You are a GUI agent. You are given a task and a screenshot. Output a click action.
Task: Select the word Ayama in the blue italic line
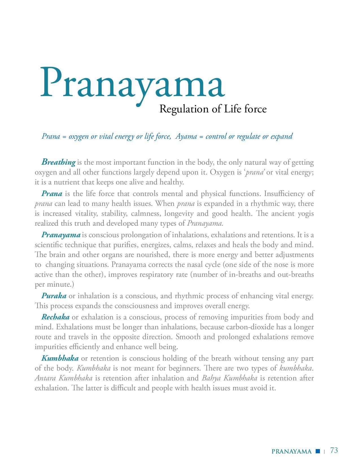coord(186,136)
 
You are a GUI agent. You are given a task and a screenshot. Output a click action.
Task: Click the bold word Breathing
coord(58,162)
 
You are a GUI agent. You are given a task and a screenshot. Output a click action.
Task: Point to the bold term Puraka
coord(54,296)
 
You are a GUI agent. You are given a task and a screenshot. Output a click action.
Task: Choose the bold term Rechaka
coord(55,317)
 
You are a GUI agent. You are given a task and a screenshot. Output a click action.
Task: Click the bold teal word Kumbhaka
coord(60,358)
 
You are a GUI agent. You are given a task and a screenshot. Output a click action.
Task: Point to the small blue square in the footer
coord(318,451)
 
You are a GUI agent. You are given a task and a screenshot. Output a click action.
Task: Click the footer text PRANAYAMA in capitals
coord(291,451)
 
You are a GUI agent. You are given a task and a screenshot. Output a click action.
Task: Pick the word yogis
coord(306,213)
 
